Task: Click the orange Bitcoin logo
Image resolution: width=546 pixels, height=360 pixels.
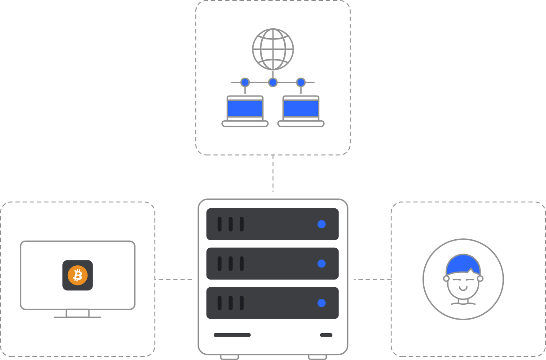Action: point(78,275)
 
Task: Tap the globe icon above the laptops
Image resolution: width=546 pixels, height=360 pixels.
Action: point(273,49)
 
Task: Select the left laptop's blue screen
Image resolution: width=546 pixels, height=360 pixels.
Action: point(245,108)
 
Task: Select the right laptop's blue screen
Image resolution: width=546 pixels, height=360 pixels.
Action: point(301,108)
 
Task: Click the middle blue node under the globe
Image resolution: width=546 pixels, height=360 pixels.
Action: point(273,83)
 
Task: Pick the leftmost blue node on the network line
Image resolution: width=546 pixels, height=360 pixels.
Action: point(245,83)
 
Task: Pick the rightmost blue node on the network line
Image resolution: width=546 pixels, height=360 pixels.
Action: point(301,83)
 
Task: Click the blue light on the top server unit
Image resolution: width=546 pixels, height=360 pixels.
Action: point(321,224)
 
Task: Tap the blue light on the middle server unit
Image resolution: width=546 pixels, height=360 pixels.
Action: point(321,263)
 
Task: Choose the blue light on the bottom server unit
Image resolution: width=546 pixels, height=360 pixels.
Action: point(321,303)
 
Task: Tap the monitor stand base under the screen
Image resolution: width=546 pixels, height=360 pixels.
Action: point(78,317)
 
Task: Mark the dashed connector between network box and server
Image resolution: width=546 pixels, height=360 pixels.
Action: point(273,174)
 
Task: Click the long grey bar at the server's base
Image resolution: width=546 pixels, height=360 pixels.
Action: point(232,335)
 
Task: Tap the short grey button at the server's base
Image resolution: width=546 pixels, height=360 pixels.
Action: point(326,335)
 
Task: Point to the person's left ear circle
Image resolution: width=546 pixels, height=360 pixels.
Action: point(446,278)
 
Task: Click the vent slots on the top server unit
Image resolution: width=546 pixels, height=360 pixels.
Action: point(230,224)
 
